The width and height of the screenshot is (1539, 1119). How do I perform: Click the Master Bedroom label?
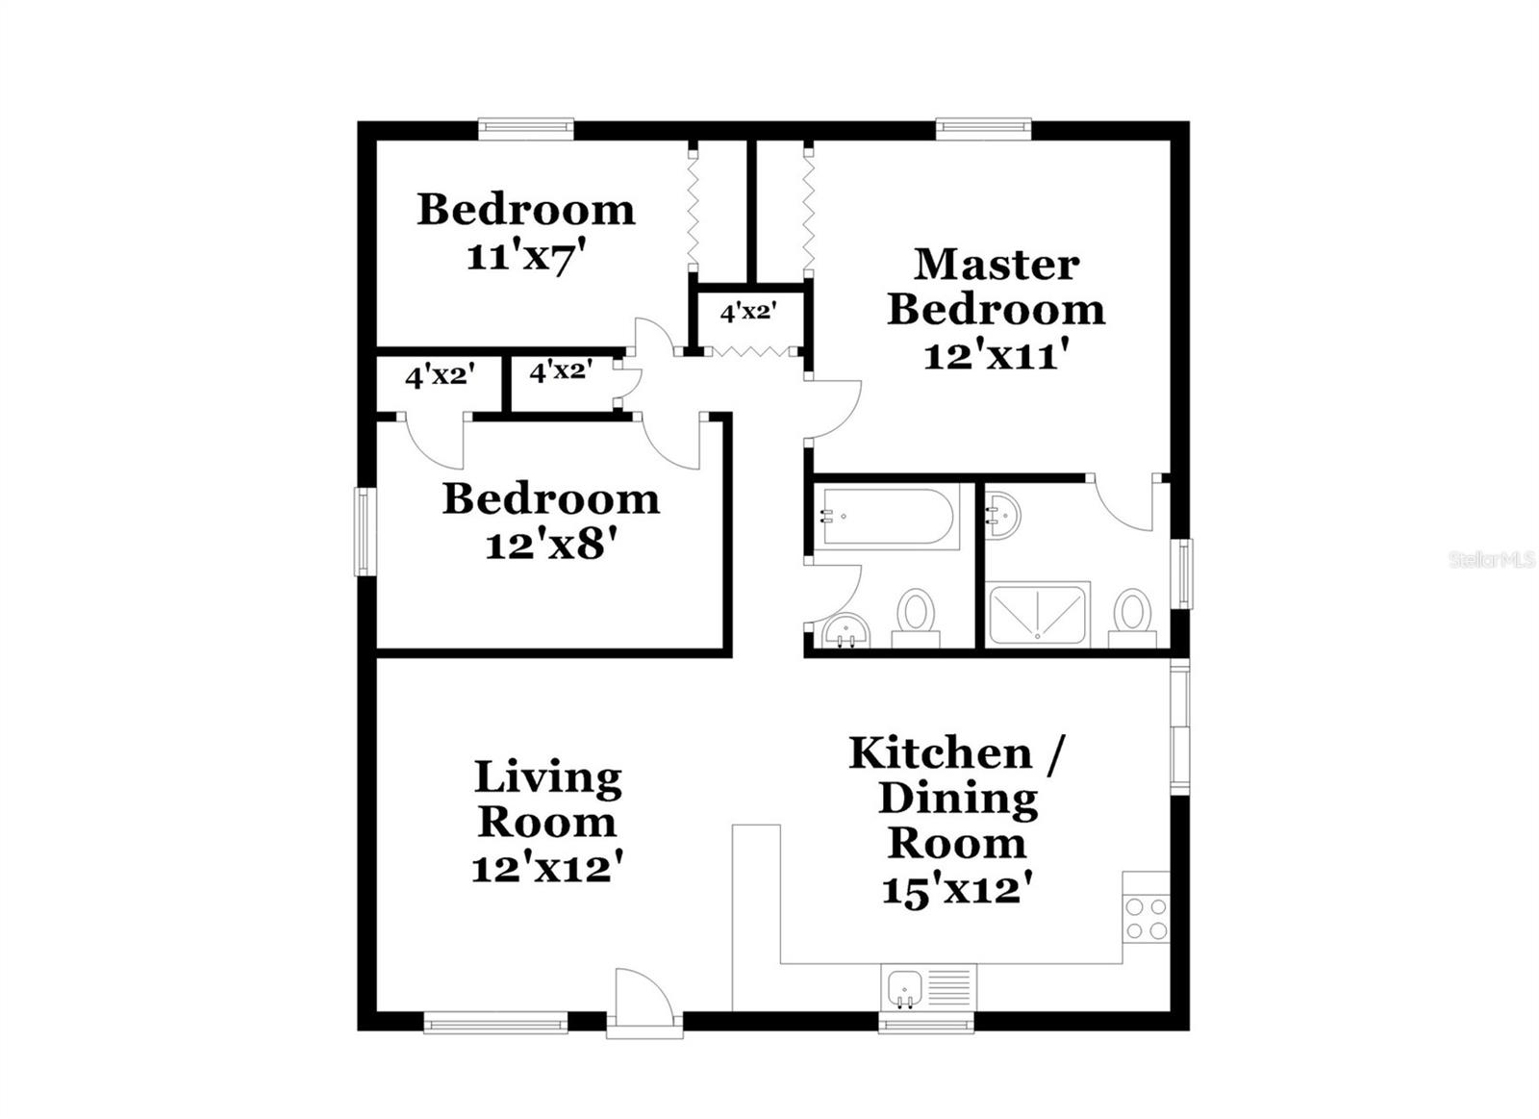point(996,287)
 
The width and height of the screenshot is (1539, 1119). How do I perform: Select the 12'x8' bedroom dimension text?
point(550,546)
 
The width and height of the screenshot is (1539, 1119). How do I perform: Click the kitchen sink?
point(905,989)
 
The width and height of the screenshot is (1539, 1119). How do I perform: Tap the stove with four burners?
point(1146,918)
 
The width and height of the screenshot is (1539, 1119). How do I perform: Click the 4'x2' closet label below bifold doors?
point(748,313)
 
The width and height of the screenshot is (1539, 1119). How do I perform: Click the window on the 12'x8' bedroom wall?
point(365,531)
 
